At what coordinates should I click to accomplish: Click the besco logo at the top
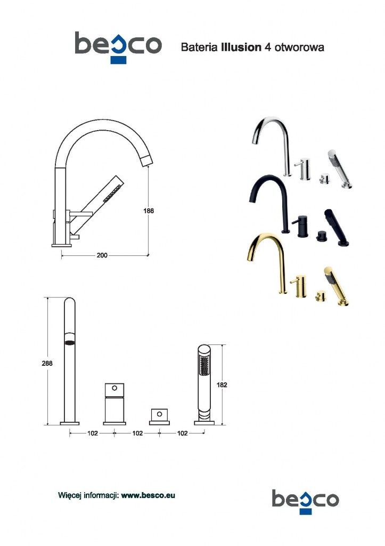click(118, 47)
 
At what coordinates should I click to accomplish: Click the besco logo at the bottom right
click(305, 501)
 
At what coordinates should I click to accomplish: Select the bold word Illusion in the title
click(241, 47)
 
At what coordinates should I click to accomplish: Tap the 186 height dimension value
click(149, 211)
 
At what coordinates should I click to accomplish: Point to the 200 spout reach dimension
click(102, 255)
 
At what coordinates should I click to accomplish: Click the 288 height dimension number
click(47, 363)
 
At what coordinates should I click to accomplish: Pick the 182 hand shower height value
click(222, 385)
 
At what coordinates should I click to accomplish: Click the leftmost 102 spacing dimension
click(93, 433)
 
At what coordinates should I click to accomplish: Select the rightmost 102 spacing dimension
click(182, 433)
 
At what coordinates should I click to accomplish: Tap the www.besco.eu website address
click(148, 495)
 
